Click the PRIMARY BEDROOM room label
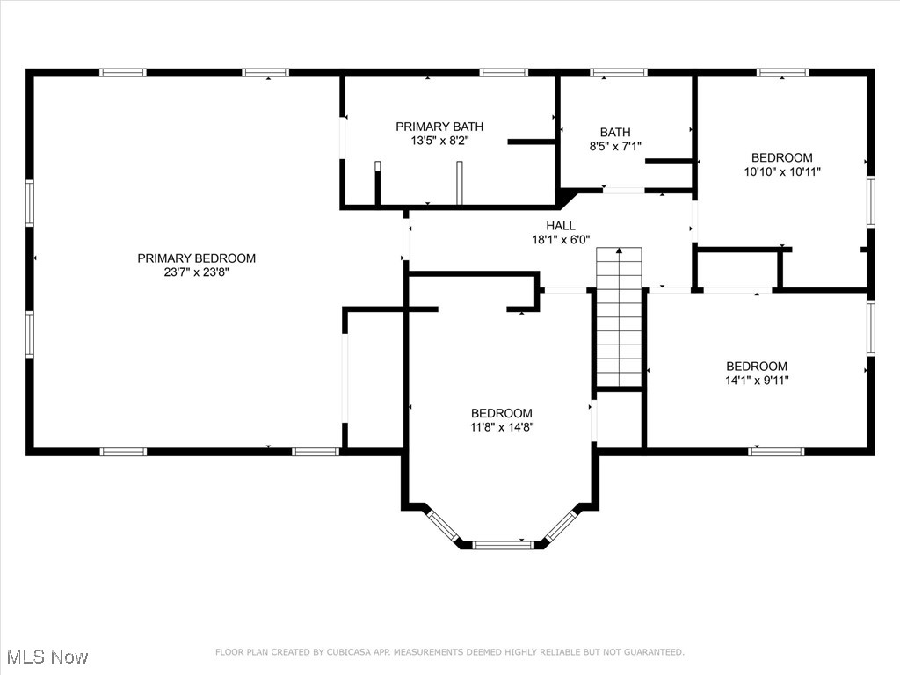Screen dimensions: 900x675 pos(196,258)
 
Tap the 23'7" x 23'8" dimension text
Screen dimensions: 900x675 pos(196,272)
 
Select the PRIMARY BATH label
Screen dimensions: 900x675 pos(439,127)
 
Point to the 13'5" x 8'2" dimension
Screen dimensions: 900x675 pos(439,141)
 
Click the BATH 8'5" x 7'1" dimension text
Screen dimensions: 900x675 pos(615,147)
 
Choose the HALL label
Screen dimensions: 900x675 pos(561,226)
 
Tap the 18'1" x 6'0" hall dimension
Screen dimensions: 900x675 pos(561,240)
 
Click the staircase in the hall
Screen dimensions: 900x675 pos(619,317)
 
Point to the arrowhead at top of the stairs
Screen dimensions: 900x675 pos(620,250)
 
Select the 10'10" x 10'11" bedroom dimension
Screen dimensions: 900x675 pos(782,171)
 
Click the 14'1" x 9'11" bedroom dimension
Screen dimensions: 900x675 pos(757,380)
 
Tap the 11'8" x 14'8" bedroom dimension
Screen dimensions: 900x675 pos(502,427)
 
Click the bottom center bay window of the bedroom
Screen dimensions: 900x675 pos(503,545)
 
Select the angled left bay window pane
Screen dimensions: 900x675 pos(443,526)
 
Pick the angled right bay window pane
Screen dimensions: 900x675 pos(561,526)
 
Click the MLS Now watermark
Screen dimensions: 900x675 pos(47,657)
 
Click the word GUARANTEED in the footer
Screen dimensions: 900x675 pos(654,652)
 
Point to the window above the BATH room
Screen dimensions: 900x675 pos(619,72)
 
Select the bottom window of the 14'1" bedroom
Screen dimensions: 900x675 pos(776,452)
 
